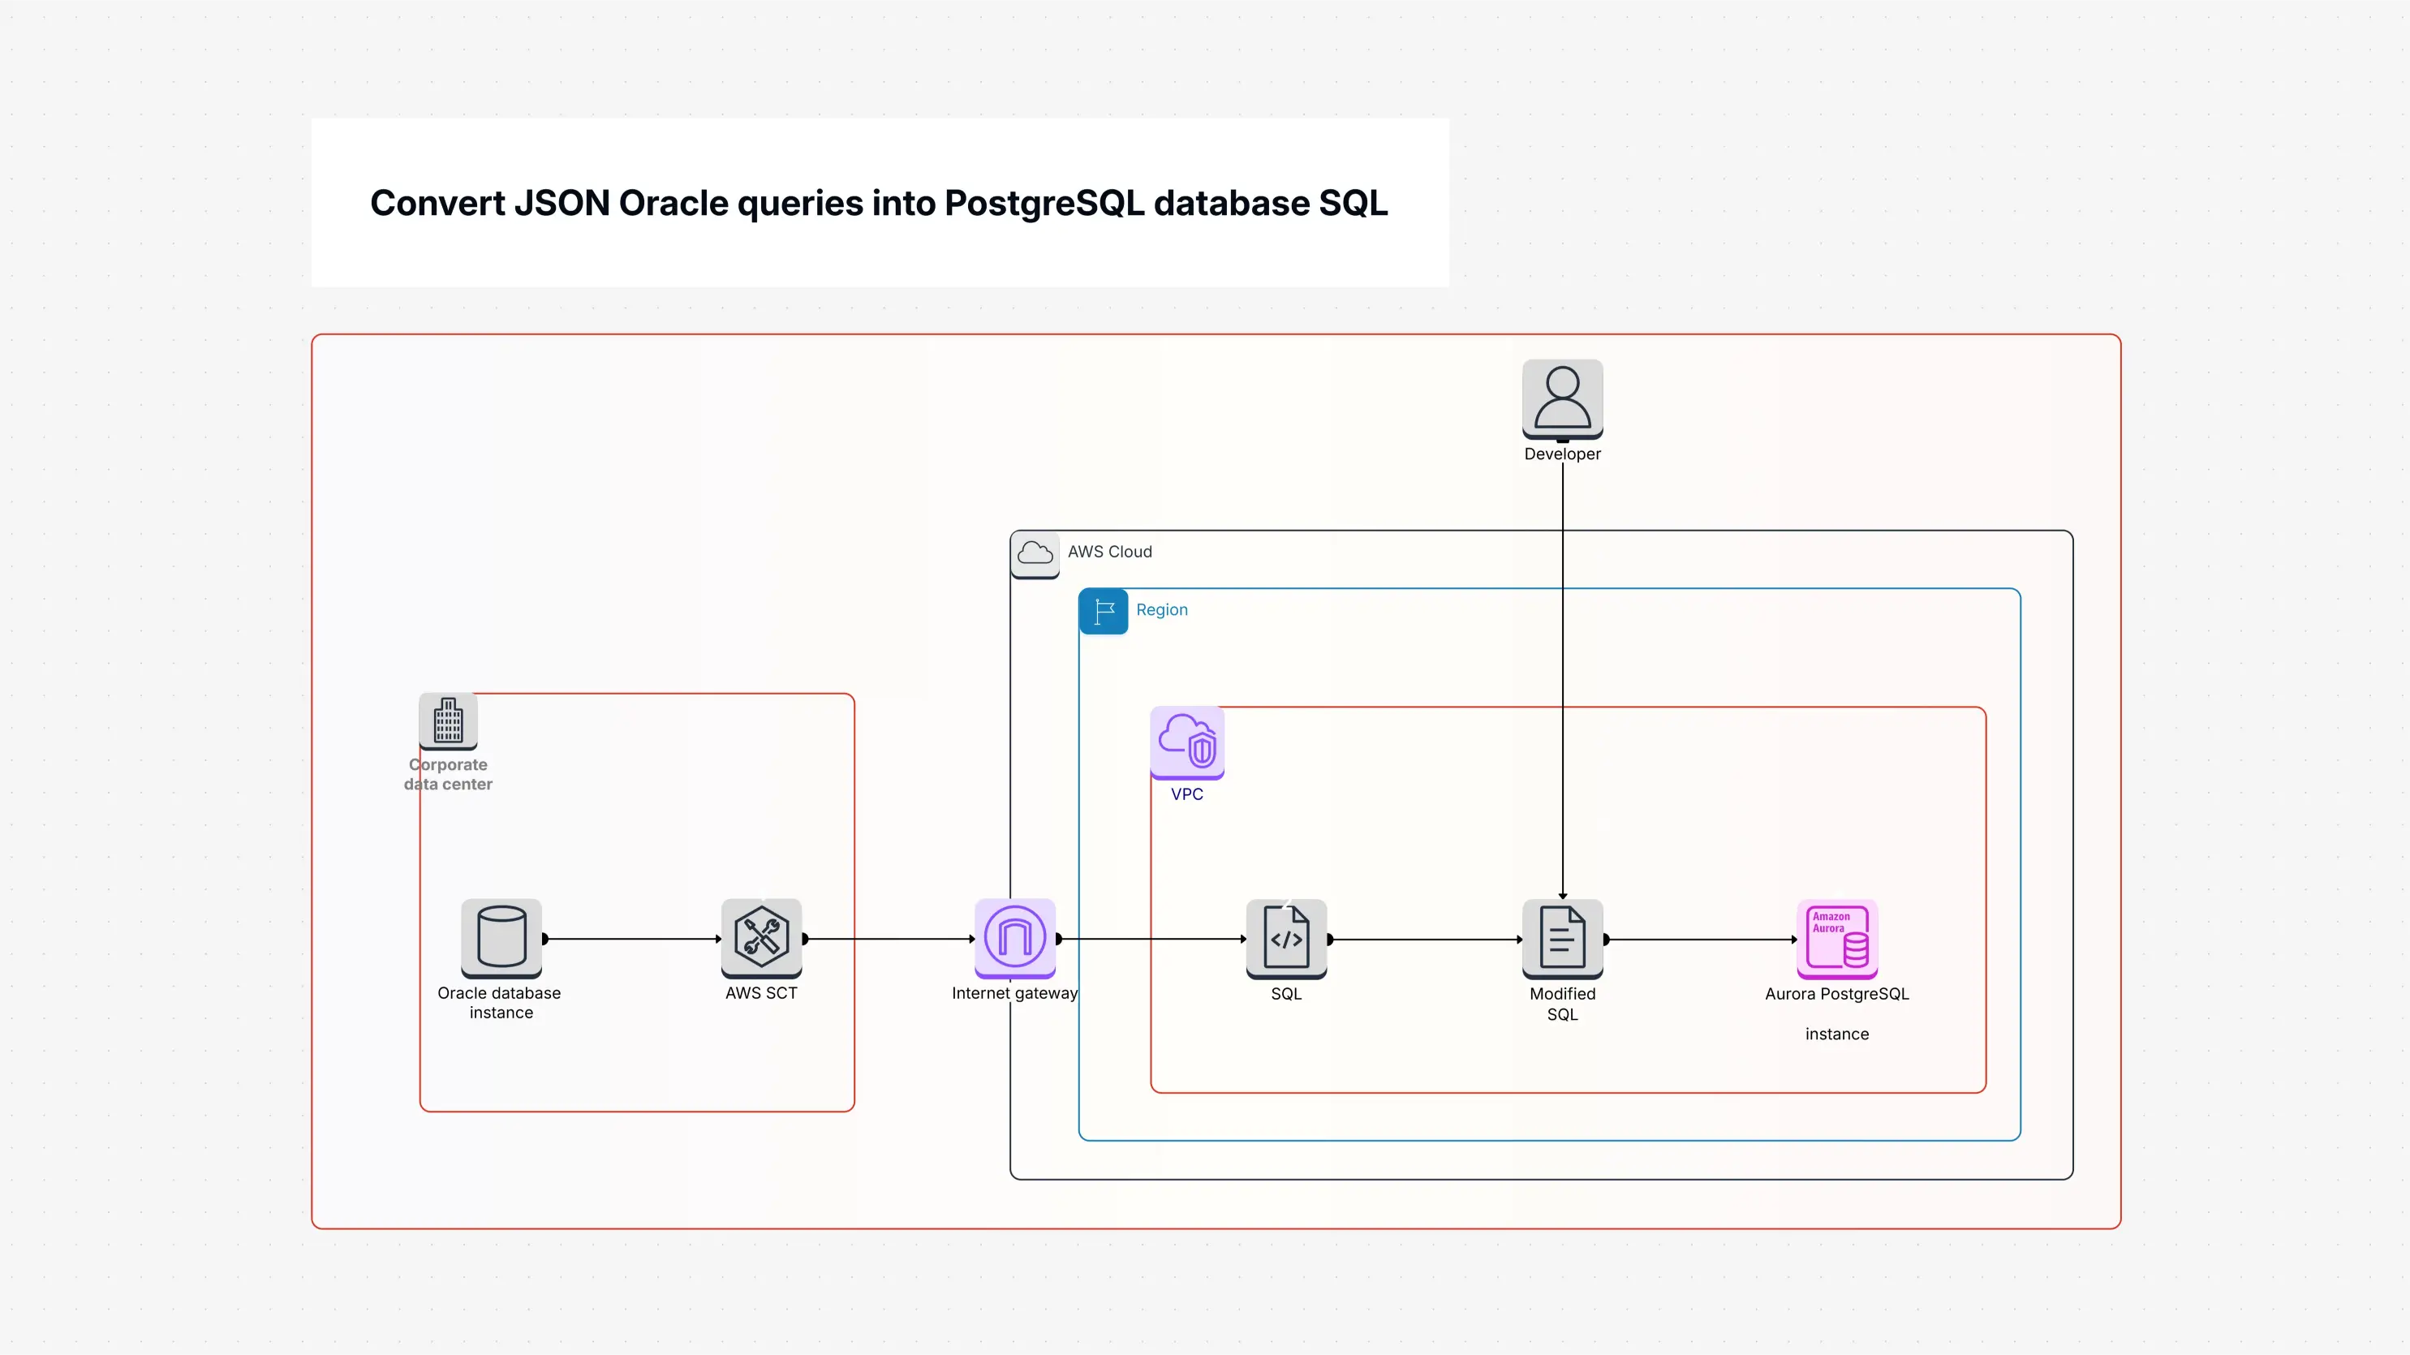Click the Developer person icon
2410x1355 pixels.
1562,398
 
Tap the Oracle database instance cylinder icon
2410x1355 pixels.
501,936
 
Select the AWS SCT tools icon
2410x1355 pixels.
762,936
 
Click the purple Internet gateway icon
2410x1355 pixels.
1015,936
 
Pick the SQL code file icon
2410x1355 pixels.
1286,938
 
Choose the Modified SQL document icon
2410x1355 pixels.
1562,938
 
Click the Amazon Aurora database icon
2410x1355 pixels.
1836,938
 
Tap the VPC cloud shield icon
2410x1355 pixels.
1187,742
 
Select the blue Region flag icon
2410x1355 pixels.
1103,611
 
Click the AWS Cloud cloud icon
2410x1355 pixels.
1035,553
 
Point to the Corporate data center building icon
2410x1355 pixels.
448,721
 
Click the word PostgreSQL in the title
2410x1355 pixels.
1044,203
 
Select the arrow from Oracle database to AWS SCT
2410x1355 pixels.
631,939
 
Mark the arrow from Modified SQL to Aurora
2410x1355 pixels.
1700,939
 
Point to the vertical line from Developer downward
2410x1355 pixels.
1562,673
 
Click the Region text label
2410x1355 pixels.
1162,610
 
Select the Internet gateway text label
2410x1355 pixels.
1014,994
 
